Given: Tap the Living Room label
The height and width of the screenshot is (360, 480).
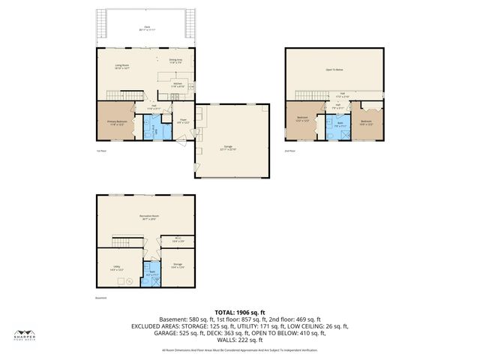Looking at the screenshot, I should point(122,67).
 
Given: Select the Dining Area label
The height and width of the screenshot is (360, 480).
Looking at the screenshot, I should point(175,61).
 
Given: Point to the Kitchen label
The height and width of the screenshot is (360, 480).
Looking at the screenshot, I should point(178,85).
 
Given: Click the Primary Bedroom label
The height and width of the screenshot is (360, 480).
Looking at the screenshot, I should point(115,123).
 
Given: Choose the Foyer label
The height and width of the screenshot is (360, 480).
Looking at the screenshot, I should point(182,121).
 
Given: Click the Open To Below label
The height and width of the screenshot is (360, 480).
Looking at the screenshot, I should point(334,69).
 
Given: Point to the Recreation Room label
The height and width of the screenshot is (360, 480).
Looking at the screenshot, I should point(146,217).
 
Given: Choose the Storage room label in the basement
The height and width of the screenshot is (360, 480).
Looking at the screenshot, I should point(178,265).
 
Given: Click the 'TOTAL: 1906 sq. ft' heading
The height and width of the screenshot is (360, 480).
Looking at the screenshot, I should point(240,312).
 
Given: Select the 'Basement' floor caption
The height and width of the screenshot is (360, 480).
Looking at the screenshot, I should point(102,298).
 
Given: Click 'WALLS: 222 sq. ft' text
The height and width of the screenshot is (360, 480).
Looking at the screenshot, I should point(240,339).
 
